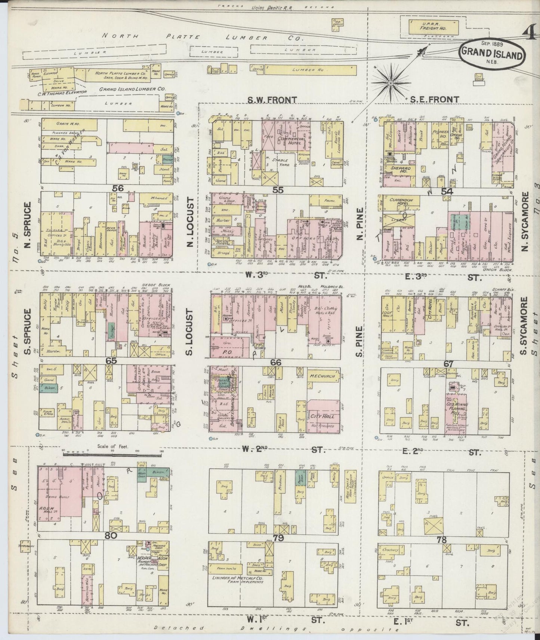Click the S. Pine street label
(359, 342)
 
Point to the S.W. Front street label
(272, 99)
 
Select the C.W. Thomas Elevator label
(66, 91)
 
